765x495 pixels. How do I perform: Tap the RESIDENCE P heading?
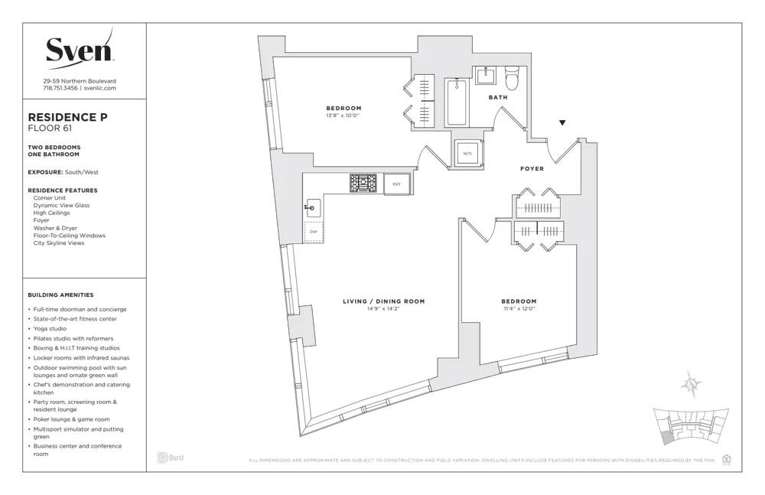[67, 117]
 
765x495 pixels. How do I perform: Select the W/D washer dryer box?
[467, 153]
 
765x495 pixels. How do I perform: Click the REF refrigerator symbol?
[396, 184]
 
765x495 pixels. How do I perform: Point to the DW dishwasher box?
[314, 231]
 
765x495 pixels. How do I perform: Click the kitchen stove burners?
[363, 183]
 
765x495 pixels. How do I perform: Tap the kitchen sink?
[313, 207]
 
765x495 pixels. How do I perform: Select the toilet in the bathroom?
[512, 77]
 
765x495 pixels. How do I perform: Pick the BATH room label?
[498, 97]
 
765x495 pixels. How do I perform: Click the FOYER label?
[532, 168]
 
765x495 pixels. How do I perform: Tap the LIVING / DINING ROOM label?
[383, 301]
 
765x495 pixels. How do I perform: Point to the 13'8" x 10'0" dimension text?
[343, 116]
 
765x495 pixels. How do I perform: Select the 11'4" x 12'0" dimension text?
[519, 308]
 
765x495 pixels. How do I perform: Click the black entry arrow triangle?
[563, 122]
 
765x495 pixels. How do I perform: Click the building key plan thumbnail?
[688, 428]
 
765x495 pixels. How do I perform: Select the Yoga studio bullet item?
[50, 329]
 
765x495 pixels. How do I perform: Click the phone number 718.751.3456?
[59, 88]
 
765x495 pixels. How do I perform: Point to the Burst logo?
[171, 458]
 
